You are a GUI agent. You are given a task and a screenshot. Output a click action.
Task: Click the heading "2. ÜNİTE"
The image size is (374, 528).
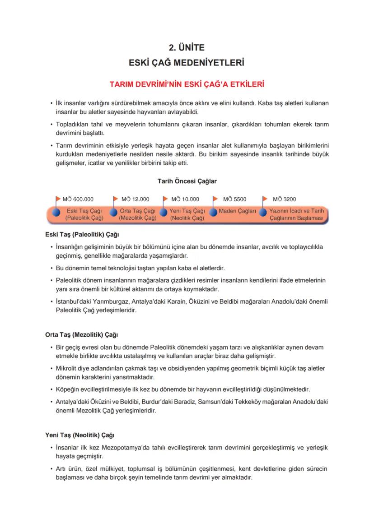[187, 47]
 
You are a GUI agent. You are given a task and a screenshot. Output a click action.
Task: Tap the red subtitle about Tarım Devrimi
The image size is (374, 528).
[187, 84]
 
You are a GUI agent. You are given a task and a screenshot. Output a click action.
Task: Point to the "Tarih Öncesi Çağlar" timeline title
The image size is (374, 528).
[187, 181]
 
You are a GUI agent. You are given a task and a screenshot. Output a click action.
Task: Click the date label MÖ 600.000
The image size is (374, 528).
[78, 199]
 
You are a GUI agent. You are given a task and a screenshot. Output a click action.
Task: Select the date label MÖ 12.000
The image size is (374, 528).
[136, 199]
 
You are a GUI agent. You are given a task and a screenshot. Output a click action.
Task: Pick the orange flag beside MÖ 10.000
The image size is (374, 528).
[165, 199]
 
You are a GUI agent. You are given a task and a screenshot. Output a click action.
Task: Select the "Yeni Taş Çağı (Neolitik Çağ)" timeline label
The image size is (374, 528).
[187, 214]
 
